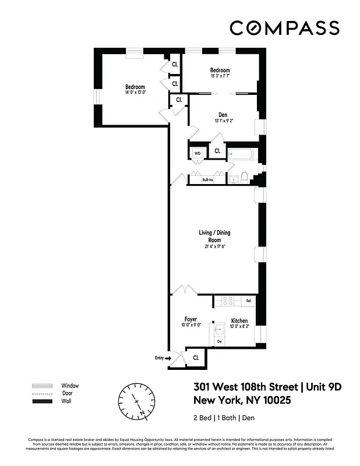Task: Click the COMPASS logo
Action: tap(284, 28)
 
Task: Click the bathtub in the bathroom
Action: tap(241, 155)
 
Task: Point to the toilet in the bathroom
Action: tap(245, 177)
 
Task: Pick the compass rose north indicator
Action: tap(137, 401)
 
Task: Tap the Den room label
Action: tap(223, 114)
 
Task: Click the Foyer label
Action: tap(190, 319)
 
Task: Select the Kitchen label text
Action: tap(239, 320)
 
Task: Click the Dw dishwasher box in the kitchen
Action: tap(220, 341)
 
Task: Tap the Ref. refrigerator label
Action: tap(248, 301)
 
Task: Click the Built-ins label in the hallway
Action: tap(208, 180)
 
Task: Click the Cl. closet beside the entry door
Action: tap(196, 358)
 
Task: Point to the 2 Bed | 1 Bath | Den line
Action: tap(224, 418)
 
